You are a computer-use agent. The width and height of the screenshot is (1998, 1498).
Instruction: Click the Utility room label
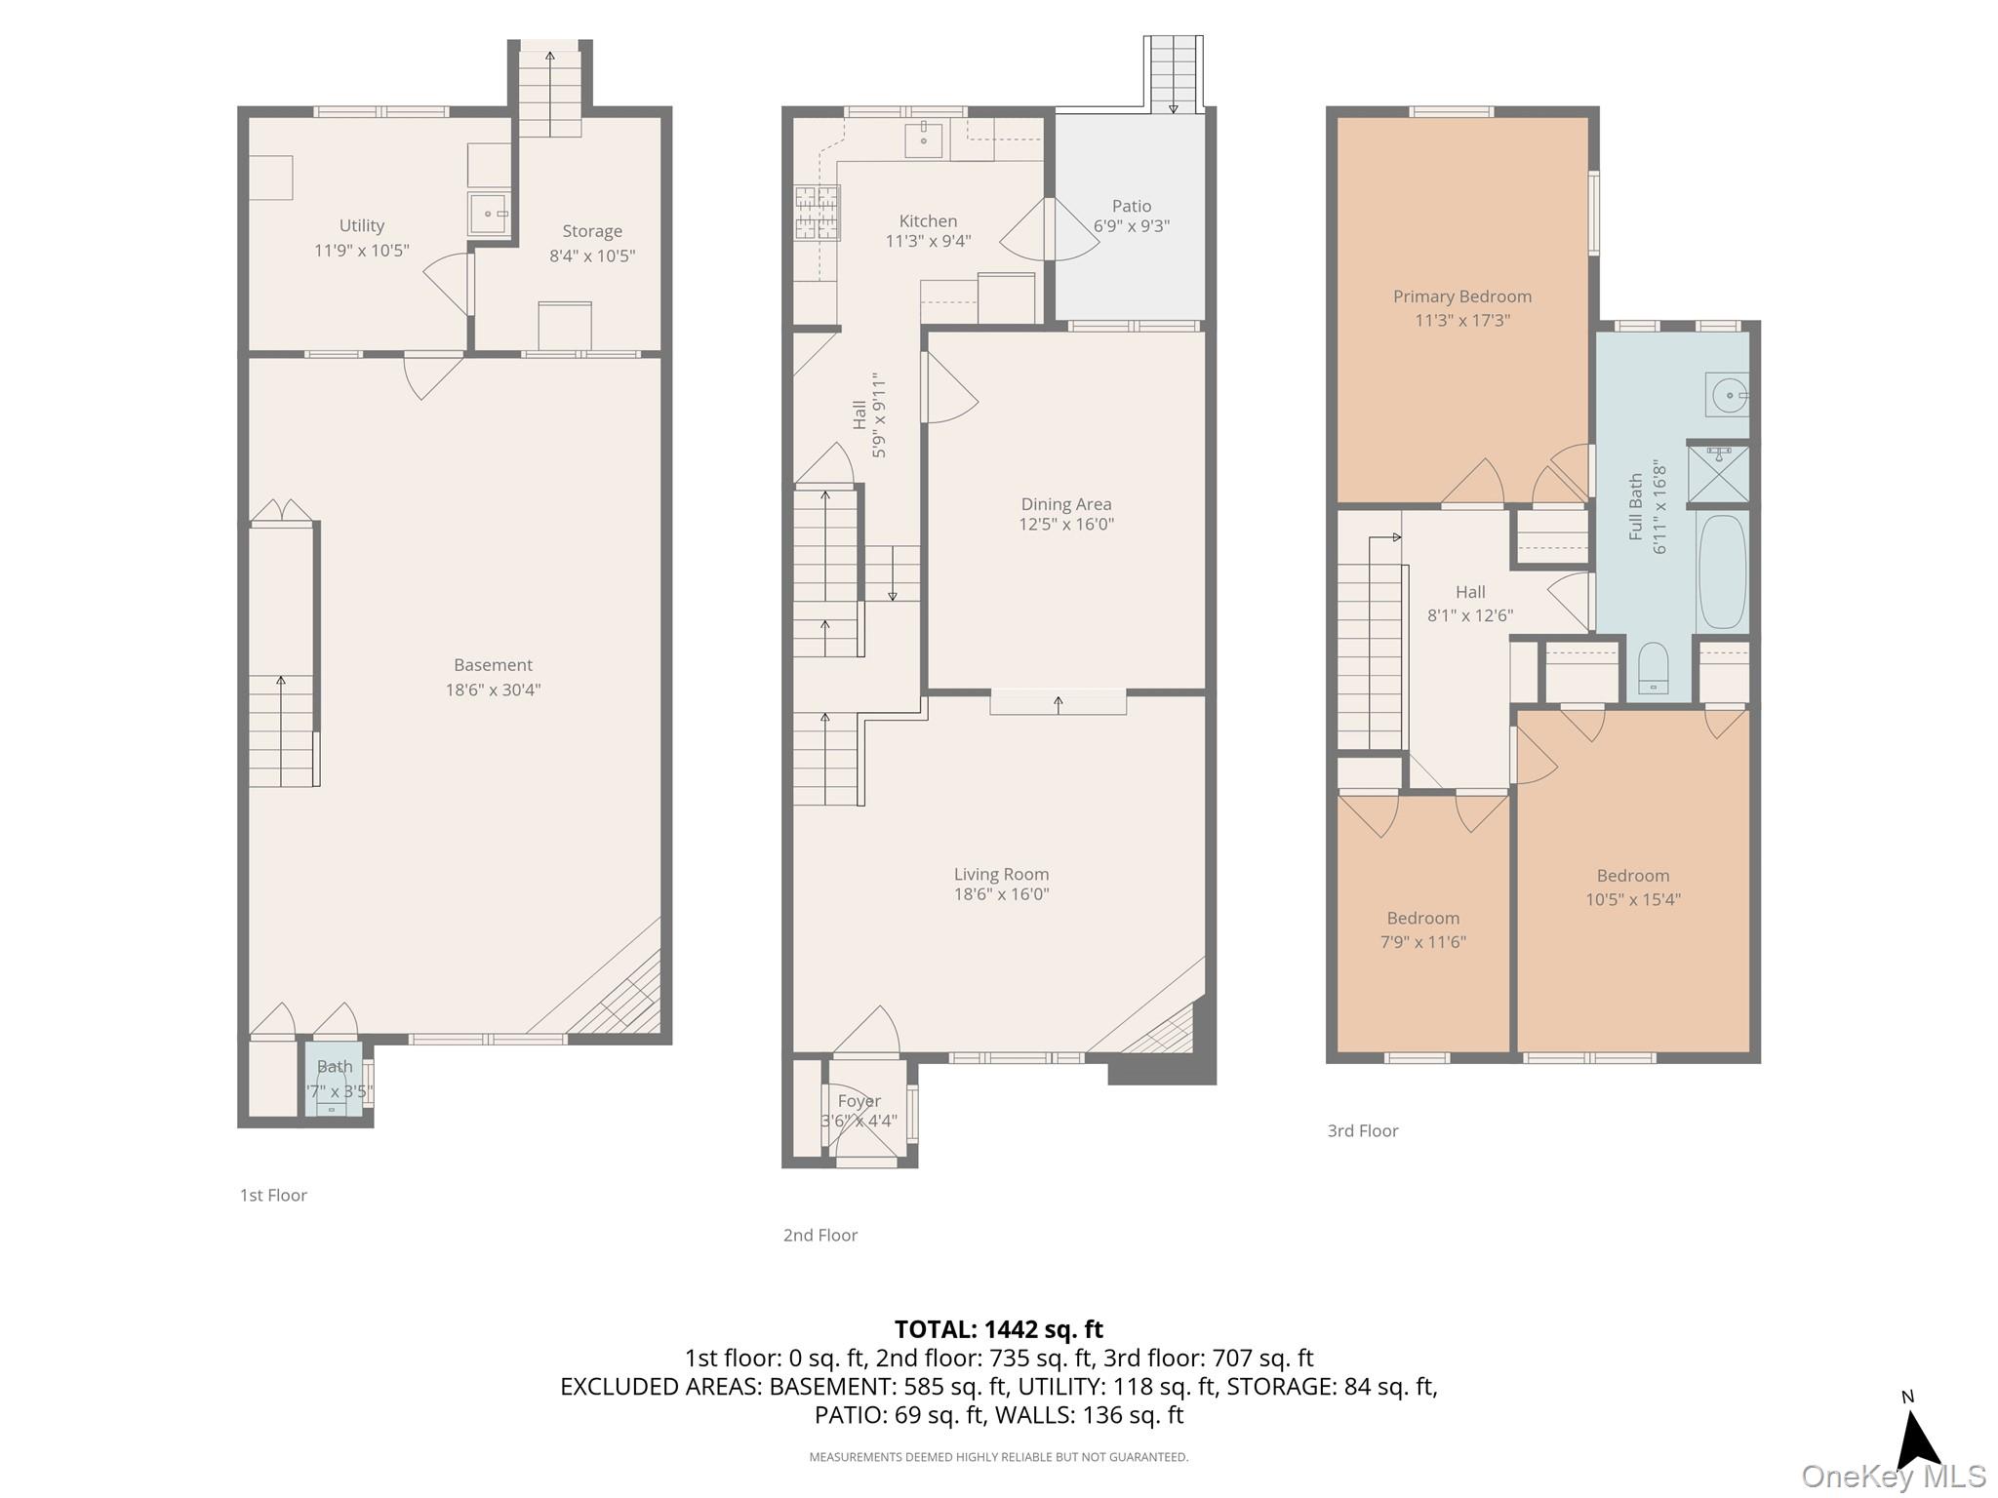(x=361, y=226)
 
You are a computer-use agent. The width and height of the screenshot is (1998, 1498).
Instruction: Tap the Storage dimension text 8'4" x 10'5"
(x=592, y=256)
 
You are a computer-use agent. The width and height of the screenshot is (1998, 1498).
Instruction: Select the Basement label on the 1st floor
(x=493, y=665)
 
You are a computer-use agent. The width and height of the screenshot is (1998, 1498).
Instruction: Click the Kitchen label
(x=928, y=221)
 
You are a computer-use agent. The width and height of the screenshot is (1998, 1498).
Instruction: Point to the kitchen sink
(x=924, y=140)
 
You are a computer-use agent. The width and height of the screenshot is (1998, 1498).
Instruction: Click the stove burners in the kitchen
(x=818, y=213)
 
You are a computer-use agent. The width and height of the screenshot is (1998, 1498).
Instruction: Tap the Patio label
(x=1132, y=206)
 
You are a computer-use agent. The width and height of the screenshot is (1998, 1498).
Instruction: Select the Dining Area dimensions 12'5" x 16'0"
(x=1066, y=525)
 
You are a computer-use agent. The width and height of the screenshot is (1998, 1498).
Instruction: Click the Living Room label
(x=1001, y=875)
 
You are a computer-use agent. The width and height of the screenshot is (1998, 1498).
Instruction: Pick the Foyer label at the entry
(x=859, y=1101)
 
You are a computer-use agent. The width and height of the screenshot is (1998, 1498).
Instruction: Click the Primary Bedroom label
(x=1462, y=296)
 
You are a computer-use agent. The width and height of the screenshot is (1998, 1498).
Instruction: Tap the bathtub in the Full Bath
(x=1723, y=572)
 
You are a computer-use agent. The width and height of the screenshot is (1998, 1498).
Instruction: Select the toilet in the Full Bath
(x=1653, y=670)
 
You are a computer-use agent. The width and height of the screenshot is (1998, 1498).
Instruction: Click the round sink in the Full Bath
(x=1728, y=396)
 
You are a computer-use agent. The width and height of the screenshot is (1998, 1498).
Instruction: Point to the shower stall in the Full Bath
(x=1718, y=473)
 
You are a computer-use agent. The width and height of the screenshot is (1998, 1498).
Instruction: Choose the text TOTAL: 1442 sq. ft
(x=999, y=1329)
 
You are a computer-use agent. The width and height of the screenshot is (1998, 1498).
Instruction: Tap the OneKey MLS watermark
(x=1894, y=1477)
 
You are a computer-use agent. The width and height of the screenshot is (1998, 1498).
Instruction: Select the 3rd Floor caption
(x=1363, y=1131)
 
